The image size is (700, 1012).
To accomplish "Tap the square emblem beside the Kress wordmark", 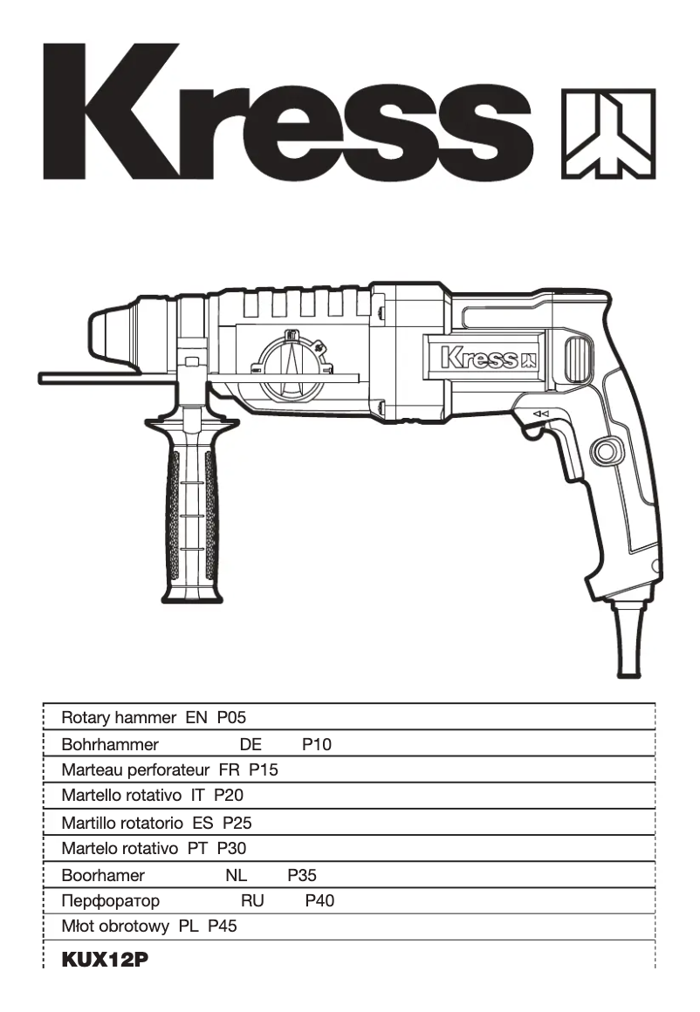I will click(x=608, y=133).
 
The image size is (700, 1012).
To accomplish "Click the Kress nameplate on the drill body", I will click(x=488, y=358).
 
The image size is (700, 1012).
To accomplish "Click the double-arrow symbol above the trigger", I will click(x=541, y=414).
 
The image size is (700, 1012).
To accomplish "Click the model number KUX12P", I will click(x=104, y=960).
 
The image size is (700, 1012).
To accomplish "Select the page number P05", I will click(x=232, y=718).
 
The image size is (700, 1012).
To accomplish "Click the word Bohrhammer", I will click(x=110, y=744).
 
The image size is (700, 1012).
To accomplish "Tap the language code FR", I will click(x=230, y=770).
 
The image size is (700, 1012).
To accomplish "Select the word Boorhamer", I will click(x=103, y=874).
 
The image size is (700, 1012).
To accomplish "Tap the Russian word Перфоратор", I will click(x=111, y=900).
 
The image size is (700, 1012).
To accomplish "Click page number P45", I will click(x=223, y=927).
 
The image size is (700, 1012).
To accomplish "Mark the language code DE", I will click(x=250, y=744).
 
